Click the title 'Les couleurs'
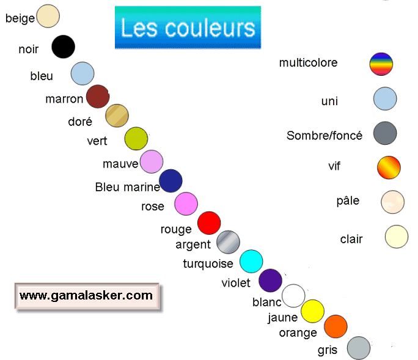tap(188, 28)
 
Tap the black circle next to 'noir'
tap(63, 47)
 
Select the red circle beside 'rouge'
tap(209, 223)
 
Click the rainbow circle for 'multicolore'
tap(381, 64)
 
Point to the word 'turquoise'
tap(208, 264)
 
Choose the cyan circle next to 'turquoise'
tap(251, 261)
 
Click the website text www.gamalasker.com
tap(86, 295)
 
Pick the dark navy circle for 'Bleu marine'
tap(171, 181)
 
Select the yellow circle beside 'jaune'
tap(313, 311)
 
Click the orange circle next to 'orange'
tap(335, 326)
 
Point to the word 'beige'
tap(20, 18)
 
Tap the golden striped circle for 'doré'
tap(117, 116)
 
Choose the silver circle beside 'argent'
tap(229, 242)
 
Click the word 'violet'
tap(236, 283)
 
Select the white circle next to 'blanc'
tap(293, 296)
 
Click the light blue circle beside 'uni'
tap(385, 98)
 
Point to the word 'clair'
tap(351, 239)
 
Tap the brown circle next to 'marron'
tap(98, 97)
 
